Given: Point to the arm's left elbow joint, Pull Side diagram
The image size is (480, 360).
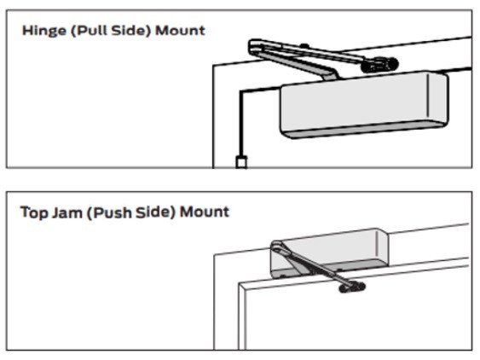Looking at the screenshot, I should pos(254,44).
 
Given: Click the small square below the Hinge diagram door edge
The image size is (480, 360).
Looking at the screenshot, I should pos(241,162).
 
